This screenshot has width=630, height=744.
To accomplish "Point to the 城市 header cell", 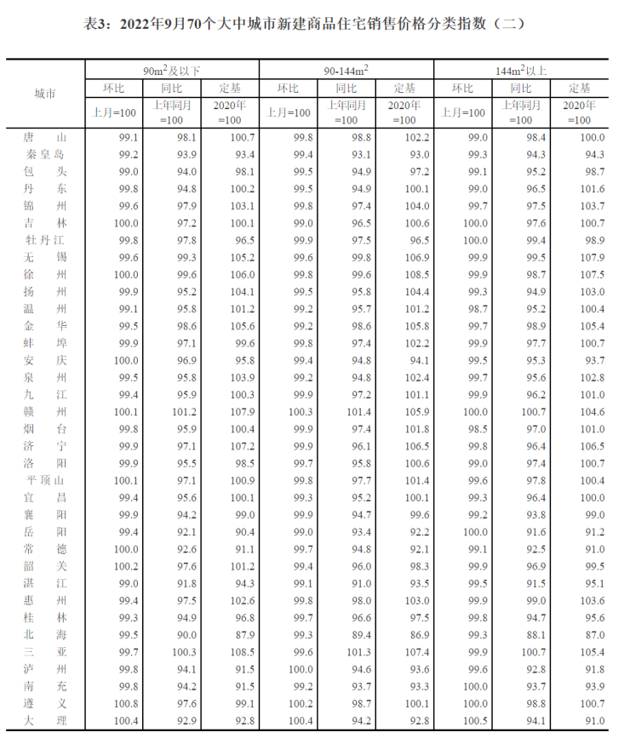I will click(44, 94).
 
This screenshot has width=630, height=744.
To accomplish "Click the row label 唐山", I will click(44, 137).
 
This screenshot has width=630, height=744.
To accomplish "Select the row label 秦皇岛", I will click(44, 154).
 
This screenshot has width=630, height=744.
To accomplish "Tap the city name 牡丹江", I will click(44, 240).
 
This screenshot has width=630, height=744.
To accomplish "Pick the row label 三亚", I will click(44, 652).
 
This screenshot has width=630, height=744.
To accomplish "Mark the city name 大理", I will click(44, 721).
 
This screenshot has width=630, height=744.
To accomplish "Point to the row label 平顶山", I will click(44, 480).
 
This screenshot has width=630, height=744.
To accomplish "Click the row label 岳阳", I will click(44, 532).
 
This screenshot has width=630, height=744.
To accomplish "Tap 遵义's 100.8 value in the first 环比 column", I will click(129, 703).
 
